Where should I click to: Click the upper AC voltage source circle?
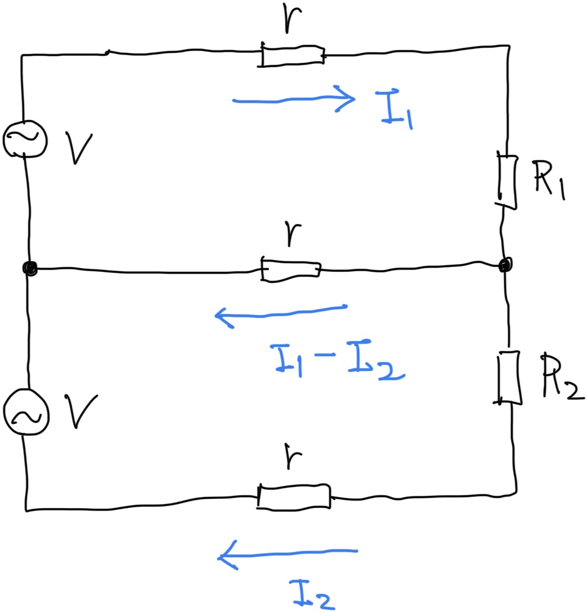coord(25,139)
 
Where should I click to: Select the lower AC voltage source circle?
coord(26,412)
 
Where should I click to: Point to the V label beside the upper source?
coord(79,148)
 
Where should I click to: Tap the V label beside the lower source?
coord(81,411)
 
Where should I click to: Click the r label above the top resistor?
coord(292,19)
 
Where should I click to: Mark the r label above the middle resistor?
coord(292,234)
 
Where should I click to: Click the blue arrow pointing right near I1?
coord(293,100)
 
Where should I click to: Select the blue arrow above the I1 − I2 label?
coord(281,315)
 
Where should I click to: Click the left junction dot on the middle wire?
coord(30,268)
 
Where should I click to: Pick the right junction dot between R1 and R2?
coord(505,265)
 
